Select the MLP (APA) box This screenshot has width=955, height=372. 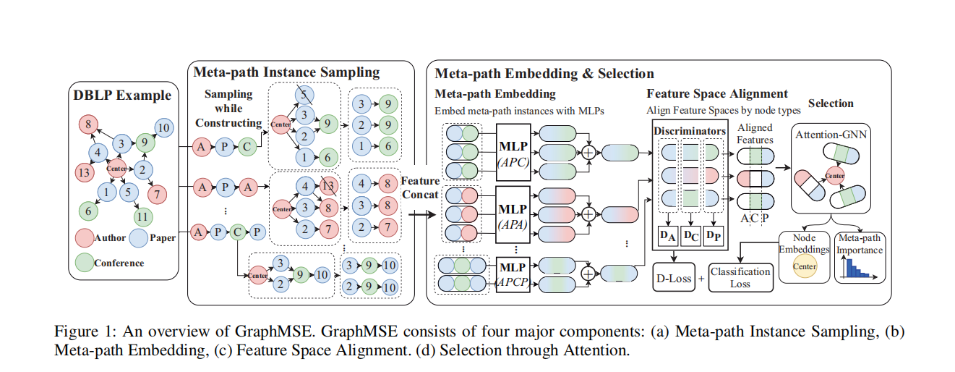pos(513,214)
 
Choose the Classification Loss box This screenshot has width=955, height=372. pos(740,278)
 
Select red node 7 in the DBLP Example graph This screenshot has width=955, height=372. pos(157,193)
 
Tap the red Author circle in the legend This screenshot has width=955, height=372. pos(84,237)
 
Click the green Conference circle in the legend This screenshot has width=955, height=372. pos(84,262)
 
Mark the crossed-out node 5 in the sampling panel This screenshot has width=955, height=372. pos(305,96)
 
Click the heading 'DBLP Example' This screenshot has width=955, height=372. pos(122,95)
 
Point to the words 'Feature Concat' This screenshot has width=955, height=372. pos(419,187)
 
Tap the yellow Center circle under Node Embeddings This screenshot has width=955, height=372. pos(804,266)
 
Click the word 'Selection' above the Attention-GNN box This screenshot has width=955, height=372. pos(831,103)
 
